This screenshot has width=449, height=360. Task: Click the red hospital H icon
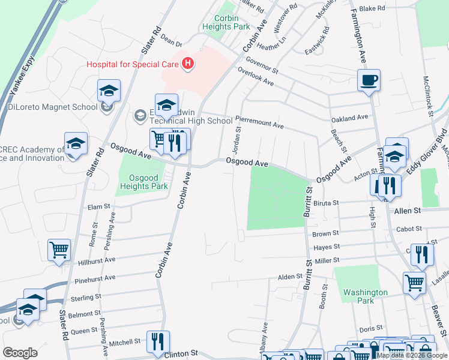pos(188,63)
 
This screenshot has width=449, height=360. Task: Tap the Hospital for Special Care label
pos(133,64)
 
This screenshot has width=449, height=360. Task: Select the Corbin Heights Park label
pos(226,23)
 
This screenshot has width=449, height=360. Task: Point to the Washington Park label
pos(366,297)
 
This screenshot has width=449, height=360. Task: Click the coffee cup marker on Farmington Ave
pos(369,80)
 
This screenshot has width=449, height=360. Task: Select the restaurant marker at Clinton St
pos(158,341)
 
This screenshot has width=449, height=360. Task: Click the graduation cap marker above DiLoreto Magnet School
pos(109,91)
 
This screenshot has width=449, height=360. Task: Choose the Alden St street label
pos(289,277)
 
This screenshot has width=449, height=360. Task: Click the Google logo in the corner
pos(20,353)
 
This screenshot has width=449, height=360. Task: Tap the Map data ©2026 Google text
pos(412,355)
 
